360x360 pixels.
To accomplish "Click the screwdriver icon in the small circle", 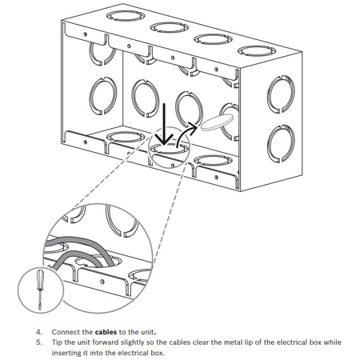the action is coord(40,290).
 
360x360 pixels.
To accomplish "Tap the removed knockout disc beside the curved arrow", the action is coord(217,122).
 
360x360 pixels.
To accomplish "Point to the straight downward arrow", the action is coord(164,124).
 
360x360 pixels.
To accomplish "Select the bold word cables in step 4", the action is coord(106,332).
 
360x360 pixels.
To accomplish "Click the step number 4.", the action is coord(39,332).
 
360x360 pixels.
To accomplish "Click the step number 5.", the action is coord(39,342).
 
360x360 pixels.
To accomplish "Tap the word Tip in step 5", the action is coord(57,342).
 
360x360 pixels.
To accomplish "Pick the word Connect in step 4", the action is coord(65,332).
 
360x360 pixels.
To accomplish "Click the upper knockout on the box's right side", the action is coord(281,94).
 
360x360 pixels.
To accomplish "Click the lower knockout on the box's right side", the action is coord(281,144).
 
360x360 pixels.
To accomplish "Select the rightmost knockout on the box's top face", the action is coord(257,51).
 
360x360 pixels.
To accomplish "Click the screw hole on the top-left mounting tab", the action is coord(85,34).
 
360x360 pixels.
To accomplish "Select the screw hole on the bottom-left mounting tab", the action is coord(85,142).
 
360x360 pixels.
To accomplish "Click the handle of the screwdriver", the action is coord(40,278).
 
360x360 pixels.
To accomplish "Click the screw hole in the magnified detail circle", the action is coord(102,281).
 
